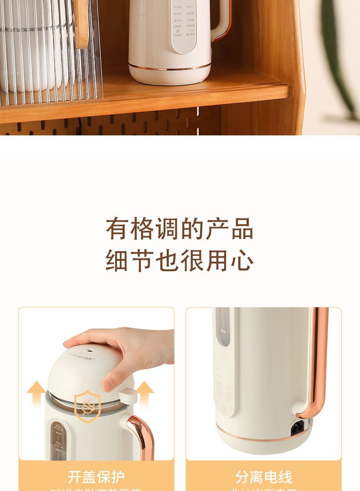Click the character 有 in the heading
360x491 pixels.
pyautogui.click(x=118, y=229)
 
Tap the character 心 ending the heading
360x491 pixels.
pyautogui.click(x=242, y=261)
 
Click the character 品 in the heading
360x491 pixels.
pyautogui.click(x=242, y=229)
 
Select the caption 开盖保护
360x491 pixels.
pyautogui.click(x=96, y=477)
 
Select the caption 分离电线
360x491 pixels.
pyautogui.click(x=264, y=477)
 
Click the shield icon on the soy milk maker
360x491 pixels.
pyautogui.click(x=87, y=406)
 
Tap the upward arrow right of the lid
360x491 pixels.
pyautogui.click(x=144, y=393)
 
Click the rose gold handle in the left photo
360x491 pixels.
pyautogui.click(x=142, y=435)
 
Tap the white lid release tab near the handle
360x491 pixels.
pyautogui.click(x=129, y=395)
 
